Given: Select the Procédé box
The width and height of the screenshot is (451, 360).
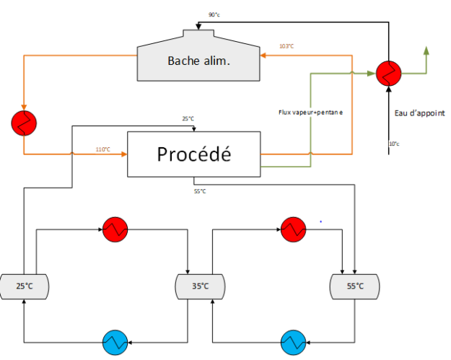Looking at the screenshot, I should pyautogui.click(x=193, y=154).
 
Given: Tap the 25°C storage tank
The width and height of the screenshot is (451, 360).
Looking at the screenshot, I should pyautogui.click(x=25, y=286).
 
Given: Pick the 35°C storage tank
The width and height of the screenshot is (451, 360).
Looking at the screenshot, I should pyautogui.click(x=200, y=286).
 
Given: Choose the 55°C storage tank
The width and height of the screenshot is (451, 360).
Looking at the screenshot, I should pyautogui.click(x=354, y=286).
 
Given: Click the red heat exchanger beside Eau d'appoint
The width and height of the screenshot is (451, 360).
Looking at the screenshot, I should pyautogui.click(x=388, y=73).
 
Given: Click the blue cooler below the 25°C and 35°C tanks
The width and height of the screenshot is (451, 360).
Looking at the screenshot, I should pyautogui.click(x=115, y=340).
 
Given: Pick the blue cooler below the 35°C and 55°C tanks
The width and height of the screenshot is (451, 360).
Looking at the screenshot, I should pyautogui.click(x=293, y=340).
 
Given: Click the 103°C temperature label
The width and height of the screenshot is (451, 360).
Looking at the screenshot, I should pyautogui.click(x=286, y=47).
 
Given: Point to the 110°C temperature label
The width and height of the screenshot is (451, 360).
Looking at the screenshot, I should pyautogui.click(x=103, y=149).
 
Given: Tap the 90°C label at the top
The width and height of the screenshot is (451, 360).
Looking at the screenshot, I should pyautogui.click(x=214, y=14).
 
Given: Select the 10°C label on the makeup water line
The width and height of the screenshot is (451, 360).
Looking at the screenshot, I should pyautogui.click(x=394, y=144).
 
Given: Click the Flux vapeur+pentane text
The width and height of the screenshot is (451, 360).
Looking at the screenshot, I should pyautogui.click(x=311, y=113).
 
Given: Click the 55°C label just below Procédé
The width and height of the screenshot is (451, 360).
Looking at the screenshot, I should pyautogui.click(x=199, y=191).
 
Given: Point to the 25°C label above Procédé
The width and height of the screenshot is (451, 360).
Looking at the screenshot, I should pyautogui.click(x=189, y=118).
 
